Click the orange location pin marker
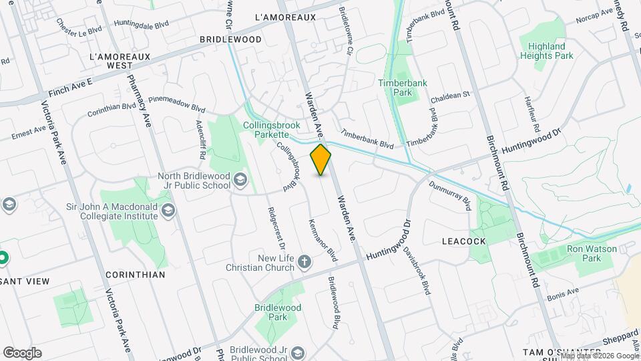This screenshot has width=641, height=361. [321, 160]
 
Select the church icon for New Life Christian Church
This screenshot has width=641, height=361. [304, 261]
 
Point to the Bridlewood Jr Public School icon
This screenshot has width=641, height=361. [297, 353]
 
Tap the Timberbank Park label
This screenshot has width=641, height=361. [402, 88]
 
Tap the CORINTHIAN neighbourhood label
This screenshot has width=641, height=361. [136, 274]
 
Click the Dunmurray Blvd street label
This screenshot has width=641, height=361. [450, 195]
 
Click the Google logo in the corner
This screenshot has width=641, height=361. [22, 353]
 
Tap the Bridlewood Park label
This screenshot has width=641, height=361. [278, 312]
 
